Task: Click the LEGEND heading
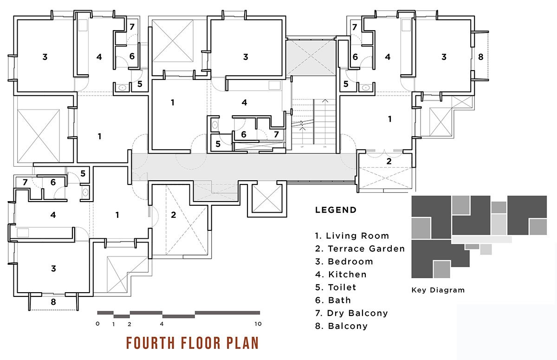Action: tap(336, 210)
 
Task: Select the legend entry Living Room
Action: tap(352, 236)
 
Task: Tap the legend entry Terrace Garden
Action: tap(360, 249)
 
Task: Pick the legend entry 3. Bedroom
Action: tap(344, 262)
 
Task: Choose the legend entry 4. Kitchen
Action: tap(341, 275)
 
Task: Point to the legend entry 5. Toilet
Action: tap(336, 288)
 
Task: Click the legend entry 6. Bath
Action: tap(333, 300)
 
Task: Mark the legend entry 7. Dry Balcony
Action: tap(351, 313)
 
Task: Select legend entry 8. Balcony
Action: tap(341, 326)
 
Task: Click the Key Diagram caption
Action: tap(438, 290)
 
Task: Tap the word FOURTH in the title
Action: tap(150, 343)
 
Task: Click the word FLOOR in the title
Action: tap(201, 343)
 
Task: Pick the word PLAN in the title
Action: tap(242, 343)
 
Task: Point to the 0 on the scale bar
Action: tap(97, 324)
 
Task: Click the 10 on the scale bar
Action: tap(258, 324)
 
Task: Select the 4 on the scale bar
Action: tap(162, 324)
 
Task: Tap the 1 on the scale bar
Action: tap(113, 324)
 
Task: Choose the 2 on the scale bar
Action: tap(130, 324)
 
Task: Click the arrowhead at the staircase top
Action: tap(325, 101)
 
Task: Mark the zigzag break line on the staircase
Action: tap(302, 125)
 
